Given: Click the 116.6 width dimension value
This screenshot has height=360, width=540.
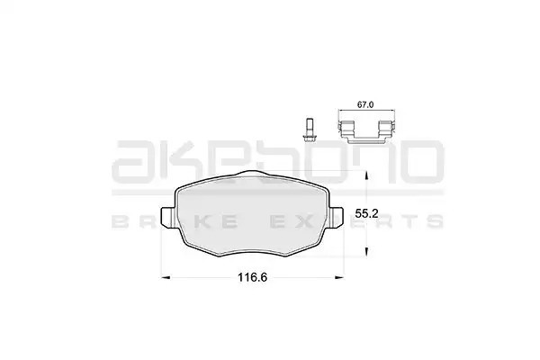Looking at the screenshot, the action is (252, 277).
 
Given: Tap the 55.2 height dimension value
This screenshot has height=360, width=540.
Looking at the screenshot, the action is (367, 213).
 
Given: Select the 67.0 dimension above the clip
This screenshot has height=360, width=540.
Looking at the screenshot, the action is (365, 104).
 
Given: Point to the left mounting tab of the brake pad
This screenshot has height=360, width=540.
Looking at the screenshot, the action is (168, 218).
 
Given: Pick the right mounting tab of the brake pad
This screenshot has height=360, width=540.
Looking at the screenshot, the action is (336, 218).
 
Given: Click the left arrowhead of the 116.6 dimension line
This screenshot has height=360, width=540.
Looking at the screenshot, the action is (166, 277).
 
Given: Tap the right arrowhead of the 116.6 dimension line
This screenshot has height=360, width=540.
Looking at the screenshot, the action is (339, 277).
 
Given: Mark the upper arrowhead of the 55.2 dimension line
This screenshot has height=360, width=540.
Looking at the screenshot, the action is (367, 175).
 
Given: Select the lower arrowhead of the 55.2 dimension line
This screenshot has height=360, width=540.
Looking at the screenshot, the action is (367, 251).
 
